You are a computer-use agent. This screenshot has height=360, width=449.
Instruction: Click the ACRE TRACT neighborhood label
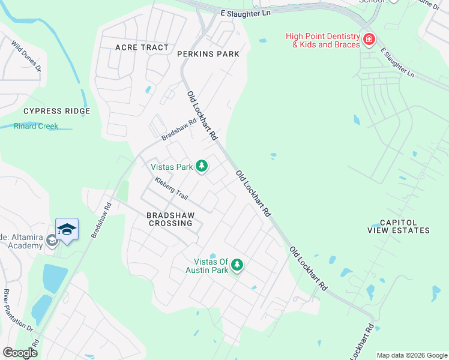click(x=142, y=47)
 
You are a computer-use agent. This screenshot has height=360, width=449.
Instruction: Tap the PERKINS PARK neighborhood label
click(x=208, y=54)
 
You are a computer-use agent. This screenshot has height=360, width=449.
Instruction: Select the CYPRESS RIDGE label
click(x=56, y=111)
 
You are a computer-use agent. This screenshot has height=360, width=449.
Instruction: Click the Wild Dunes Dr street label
click(x=26, y=56)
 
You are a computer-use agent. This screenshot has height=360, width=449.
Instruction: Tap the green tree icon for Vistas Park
click(x=202, y=166)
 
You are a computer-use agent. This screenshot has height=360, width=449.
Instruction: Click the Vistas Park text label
click(x=171, y=166)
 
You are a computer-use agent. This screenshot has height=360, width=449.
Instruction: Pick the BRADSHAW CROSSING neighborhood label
click(x=170, y=218)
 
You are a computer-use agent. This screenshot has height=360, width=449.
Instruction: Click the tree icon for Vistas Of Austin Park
click(x=237, y=265)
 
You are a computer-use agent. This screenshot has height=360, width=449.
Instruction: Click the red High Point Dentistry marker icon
click(x=369, y=40)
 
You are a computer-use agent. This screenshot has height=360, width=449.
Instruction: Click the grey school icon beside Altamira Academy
click(x=52, y=241)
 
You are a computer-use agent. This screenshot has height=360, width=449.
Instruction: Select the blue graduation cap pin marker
click(x=67, y=229)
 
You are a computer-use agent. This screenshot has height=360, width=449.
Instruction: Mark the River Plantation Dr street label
click(x=19, y=311)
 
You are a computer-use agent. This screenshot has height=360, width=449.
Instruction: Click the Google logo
click(x=20, y=353)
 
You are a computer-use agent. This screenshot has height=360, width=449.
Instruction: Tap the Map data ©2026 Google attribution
click(x=412, y=355)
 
